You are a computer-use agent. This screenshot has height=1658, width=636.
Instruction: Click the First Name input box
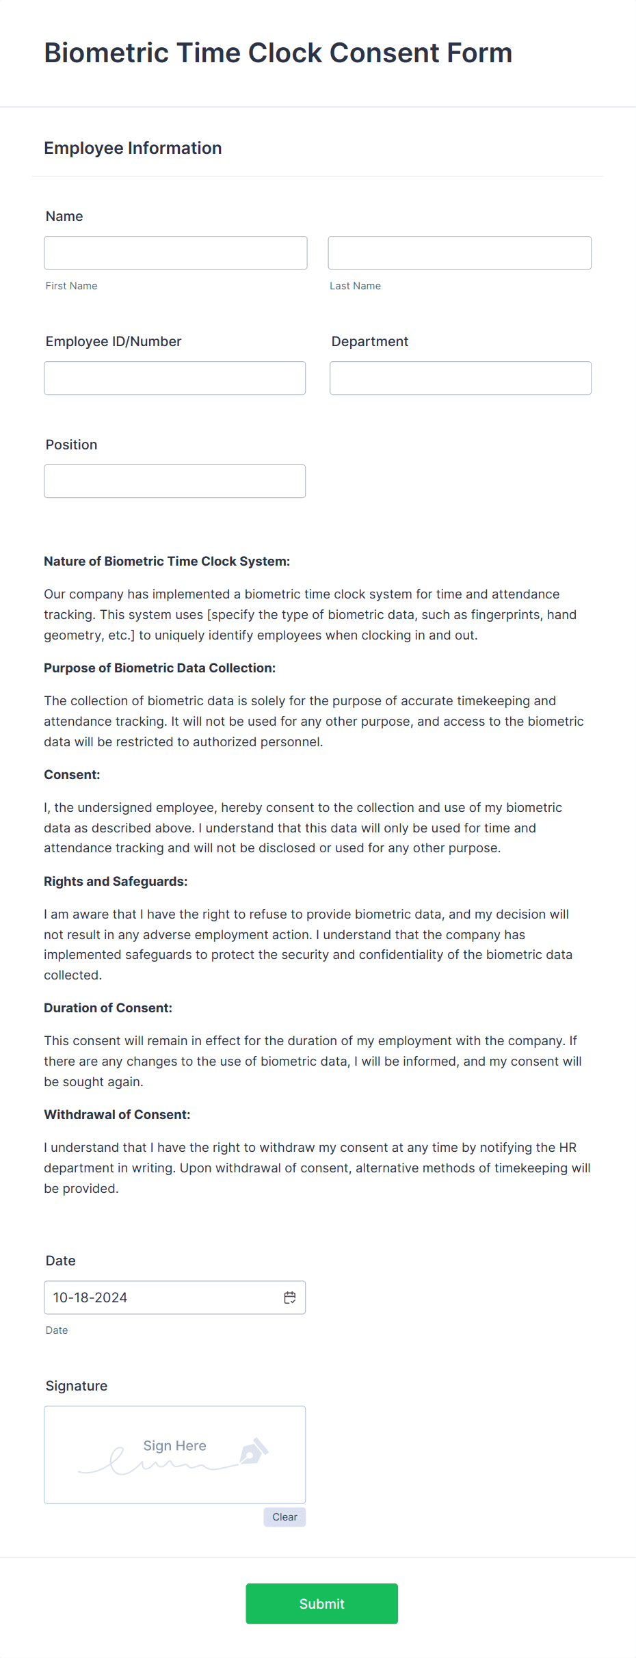click(x=175, y=253)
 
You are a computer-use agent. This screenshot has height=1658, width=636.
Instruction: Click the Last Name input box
click(x=460, y=253)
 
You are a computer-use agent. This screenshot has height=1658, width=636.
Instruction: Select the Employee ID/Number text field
click(x=174, y=378)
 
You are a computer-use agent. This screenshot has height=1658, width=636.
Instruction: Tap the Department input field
click(x=460, y=378)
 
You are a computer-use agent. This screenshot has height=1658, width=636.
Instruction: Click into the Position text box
click(x=174, y=482)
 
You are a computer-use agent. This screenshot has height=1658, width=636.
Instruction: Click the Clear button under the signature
click(x=284, y=1517)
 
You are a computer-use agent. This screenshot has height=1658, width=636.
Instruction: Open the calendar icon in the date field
click(x=290, y=1298)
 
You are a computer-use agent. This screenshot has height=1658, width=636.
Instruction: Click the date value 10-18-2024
click(x=90, y=1298)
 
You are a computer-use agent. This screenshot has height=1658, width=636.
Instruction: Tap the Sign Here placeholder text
click(x=174, y=1446)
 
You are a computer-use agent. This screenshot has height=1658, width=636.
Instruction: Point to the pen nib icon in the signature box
click(x=254, y=1451)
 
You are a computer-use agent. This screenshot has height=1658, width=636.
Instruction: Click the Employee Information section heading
click(x=133, y=148)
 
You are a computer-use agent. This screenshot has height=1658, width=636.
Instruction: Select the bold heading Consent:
click(x=72, y=775)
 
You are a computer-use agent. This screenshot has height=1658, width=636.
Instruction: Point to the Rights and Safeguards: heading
click(x=116, y=882)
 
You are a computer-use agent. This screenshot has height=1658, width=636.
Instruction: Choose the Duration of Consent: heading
click(x=108, y=1008)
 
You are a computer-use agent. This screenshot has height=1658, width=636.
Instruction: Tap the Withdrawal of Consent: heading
click(x=117, y=1115)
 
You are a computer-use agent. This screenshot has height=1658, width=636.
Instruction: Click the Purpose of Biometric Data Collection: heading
click(x=159, y=668)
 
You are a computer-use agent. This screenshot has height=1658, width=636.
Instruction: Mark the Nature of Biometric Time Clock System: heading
click(x=167, y=562)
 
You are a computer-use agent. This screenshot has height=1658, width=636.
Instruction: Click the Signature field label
click(x=77, y=1386)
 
